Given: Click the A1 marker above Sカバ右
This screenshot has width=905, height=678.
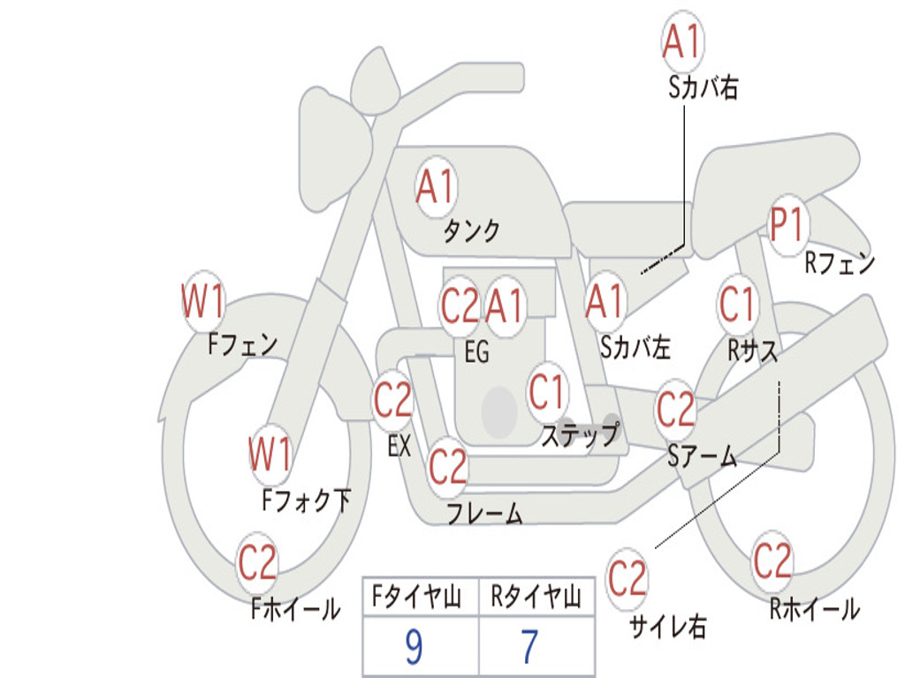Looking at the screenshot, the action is pyautogui.click(x=682, y=41).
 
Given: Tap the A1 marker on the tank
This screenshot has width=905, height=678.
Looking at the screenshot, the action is pyautogui.click(x=437, y=187).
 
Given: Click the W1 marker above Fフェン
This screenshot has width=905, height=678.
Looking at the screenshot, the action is pyautogui.click(x=203, y=301).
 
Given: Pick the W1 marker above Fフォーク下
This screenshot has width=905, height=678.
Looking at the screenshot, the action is pyautogui.click(x=270, y=455).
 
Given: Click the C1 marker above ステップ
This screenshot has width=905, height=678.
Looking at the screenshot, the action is pyautogui.click(x=546, y=392).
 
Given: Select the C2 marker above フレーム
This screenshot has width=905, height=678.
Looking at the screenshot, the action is pyautogui.click(x=448, y=466).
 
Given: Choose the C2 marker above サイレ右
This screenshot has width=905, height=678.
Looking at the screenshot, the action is pyautogui.click(x=627, y=577).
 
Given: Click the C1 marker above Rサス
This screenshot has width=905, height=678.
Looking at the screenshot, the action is pyautogui.click(x=738, y=304).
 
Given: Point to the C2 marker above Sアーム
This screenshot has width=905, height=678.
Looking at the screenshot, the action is pyautogui.click(x=675, y=408).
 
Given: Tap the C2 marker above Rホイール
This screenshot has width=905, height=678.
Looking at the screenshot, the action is pyautogui.click(x=772, y=561).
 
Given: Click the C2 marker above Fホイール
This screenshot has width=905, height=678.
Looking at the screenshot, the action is pyautogui.click(x=257, y=561).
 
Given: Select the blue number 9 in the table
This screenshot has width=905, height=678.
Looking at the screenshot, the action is pyautogui.click(x=414, y=646).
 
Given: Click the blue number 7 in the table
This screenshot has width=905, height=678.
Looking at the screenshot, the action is pyautogui.click(x=530, y=646).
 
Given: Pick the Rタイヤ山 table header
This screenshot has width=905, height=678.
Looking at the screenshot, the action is pyautogui.click(x=536, y=596).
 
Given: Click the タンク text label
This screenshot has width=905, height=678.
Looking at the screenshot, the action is pyautogui.click(x=472, y=230).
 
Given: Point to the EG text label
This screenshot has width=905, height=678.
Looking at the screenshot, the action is pyautogui.click(x=476, y=351).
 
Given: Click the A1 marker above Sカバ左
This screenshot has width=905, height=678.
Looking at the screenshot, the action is pyautogui.click(x=605, y=302).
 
